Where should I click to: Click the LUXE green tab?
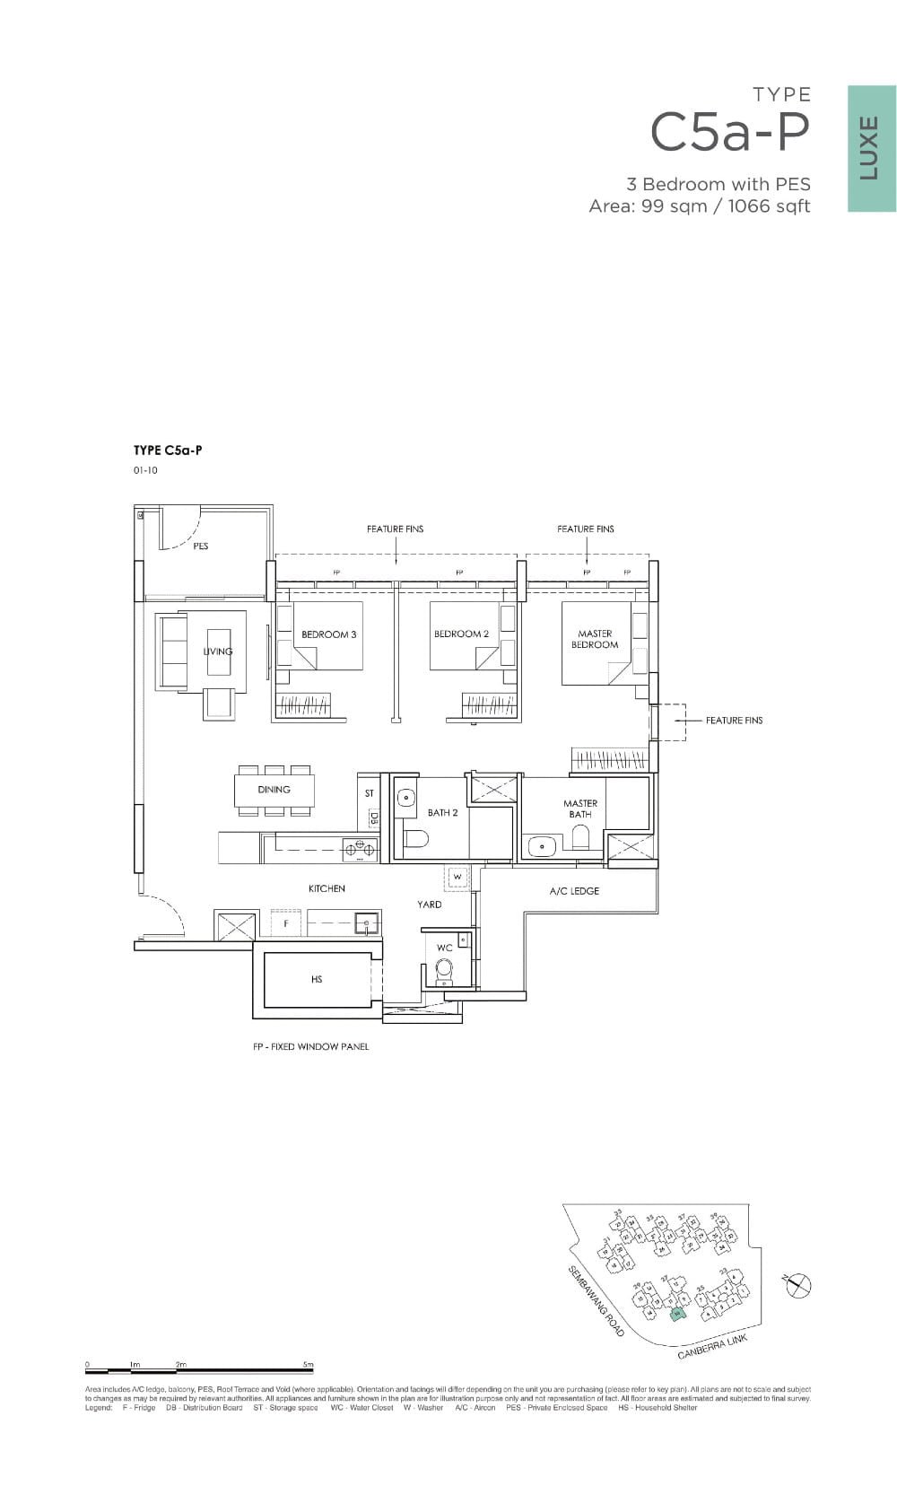click(x=871, y=149)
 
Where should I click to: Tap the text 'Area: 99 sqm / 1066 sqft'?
click(x=699, y=206)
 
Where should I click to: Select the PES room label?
click(x=200, y=546)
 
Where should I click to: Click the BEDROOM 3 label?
click(x=328, y=634)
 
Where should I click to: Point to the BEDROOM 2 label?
click(x=461, y=634)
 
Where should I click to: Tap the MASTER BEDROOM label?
click(x=595, y=639)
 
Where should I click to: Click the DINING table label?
click(x=274, y=790)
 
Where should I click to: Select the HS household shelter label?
click(x=316, y=979)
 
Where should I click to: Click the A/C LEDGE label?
click(x=574, y=891)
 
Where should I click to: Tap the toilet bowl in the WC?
click(x=444, y=969)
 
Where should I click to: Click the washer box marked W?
click(x=457, y=876)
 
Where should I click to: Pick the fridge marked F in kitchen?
click(x=286, y=922)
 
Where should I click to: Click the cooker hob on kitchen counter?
click(x=360, y=845)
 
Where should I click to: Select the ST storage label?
click(x=369, y=793)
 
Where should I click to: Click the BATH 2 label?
click(x=442, y=813)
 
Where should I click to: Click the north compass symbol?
click(x=797, y=1286)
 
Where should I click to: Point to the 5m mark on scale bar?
click(x=309, y=1365)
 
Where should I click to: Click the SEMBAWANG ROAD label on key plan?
click(x=596, y=1301)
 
